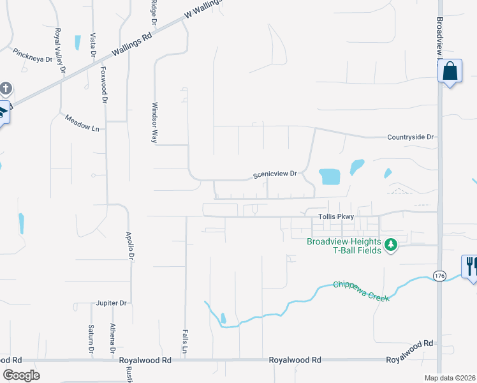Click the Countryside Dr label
tap(410, 137)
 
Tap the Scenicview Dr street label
tap(275, 174)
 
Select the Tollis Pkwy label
tap(336, 218)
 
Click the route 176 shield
tap(439, 276)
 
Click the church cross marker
tap(5, 89)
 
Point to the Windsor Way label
tap(154, 122)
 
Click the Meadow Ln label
tap(83, 123)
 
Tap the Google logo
tap(21, 375)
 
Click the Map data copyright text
tap(450, 378)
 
